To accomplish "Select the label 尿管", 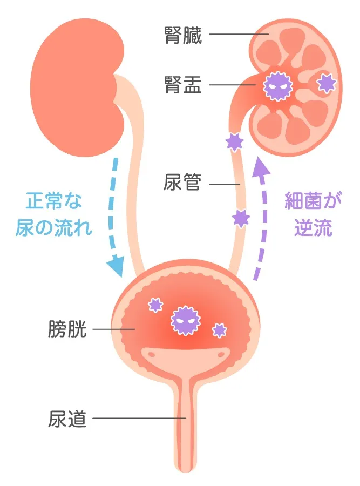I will point(182,184).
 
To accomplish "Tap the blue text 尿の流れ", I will point(56,227).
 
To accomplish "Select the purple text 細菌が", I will point(314,202).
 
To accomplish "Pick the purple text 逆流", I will point(313,227).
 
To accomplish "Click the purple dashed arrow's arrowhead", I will point(261,166).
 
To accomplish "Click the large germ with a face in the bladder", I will point(185,320).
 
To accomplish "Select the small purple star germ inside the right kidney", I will point(326,83).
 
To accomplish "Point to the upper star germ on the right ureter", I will point(234,141).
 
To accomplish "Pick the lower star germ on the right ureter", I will point(241,218).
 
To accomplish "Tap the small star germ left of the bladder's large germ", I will point(155,305).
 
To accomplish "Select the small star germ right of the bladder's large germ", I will point(219,329).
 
